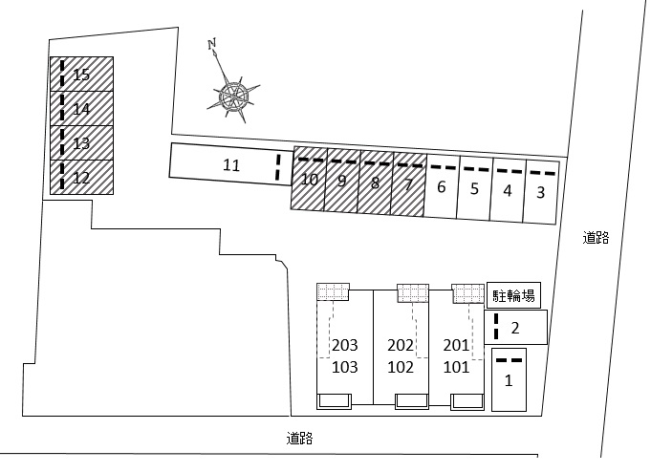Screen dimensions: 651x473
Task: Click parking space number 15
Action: coord(81,74)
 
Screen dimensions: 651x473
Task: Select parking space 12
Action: coord(81,177)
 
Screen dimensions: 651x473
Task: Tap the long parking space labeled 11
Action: coord(230,164)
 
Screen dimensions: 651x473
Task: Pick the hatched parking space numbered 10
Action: coord(309,179)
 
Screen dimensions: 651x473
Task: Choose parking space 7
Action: coord(408,184)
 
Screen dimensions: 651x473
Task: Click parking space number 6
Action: coord(442,186)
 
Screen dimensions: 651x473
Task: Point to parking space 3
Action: coord(540,192)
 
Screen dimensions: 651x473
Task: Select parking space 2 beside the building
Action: coord(515,328)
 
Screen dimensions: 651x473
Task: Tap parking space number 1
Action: coord(509,379)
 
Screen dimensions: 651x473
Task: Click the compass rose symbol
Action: coord(234,97)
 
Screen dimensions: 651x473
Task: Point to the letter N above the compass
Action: coord(212,44)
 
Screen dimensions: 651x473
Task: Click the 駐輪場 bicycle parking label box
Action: coord(513,296)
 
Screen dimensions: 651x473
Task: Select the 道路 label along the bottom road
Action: coord(299,439)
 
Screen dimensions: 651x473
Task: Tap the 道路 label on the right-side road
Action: coord(596,238)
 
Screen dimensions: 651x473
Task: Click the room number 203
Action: coord(344,345)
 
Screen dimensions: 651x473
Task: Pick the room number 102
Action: coord(401,367)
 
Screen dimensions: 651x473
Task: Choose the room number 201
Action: coord(456,345)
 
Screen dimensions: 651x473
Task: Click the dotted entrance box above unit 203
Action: coord(333,292)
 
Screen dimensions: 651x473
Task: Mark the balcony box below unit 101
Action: coord(467,401)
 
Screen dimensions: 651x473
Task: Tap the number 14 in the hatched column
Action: coord(81,109)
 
